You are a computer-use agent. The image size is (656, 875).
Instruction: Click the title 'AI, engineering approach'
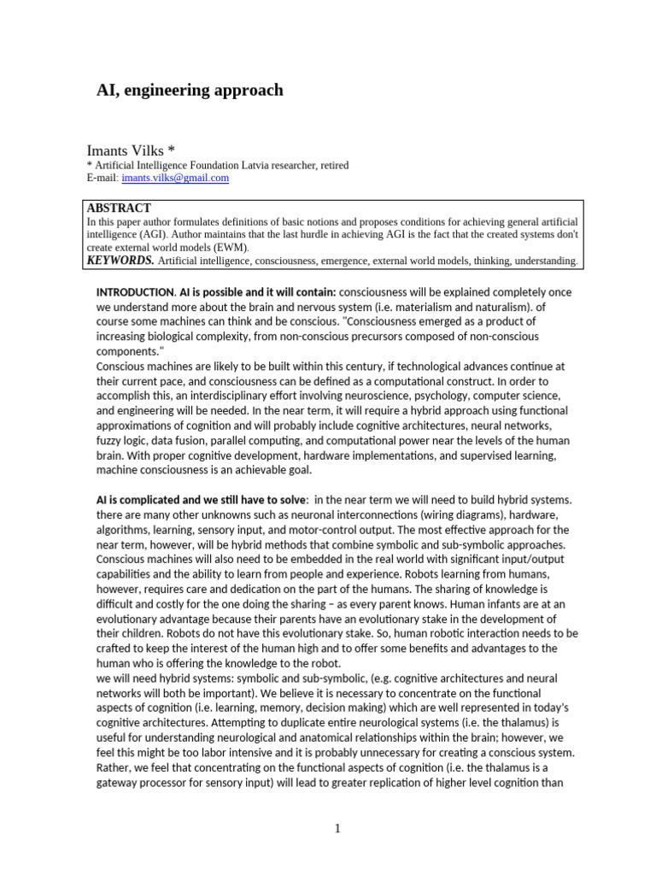coord(189,90)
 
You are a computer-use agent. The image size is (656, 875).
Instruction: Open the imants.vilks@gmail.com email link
coord(175,178)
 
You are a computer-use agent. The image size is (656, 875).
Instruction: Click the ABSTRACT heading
coord(119,208)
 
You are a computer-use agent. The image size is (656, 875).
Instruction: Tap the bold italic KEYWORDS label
coord(120,260)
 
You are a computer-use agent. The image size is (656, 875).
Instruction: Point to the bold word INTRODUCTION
coord(135,292)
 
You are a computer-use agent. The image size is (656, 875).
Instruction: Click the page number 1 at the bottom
coord(338,828)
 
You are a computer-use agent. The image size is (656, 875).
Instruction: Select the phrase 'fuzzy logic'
coord(123,440)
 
